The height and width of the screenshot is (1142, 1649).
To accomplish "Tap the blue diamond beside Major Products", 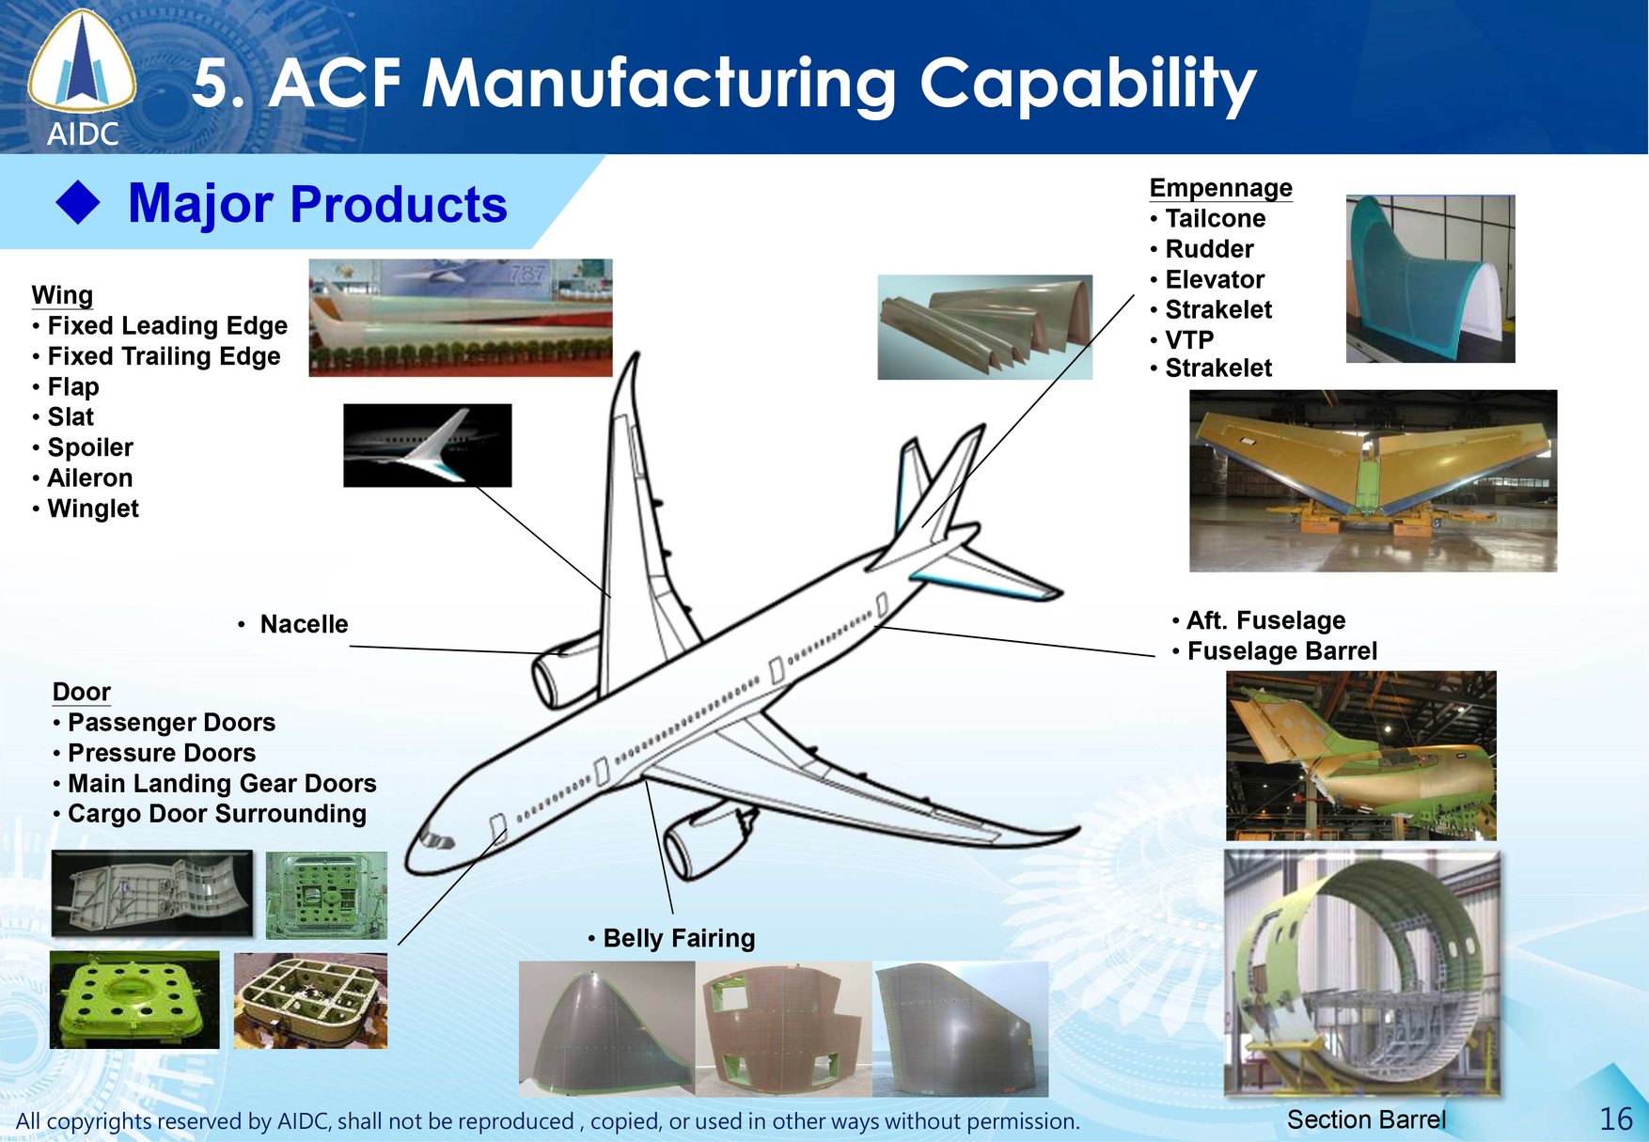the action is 78,203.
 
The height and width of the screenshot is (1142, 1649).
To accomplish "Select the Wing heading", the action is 62,295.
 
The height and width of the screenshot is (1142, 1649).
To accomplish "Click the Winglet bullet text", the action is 93,508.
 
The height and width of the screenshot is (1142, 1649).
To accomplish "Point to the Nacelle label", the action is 304,624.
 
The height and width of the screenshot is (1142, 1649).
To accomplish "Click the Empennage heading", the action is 1220,188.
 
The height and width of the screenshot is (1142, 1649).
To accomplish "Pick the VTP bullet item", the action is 1189,339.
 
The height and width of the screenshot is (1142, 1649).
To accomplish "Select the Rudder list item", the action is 1209,249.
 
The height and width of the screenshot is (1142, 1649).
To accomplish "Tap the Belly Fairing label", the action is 679,938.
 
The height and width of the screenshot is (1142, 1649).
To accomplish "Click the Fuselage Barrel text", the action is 1281,651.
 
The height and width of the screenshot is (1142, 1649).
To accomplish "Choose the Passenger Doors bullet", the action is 171,723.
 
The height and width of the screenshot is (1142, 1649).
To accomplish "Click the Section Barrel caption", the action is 1366,1119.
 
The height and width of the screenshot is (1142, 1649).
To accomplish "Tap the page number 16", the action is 1616,1119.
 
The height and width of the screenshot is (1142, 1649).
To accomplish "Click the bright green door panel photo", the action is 134,999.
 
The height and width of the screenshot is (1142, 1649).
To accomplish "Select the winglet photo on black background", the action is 428,446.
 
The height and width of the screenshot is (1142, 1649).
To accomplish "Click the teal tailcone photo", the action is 1430,278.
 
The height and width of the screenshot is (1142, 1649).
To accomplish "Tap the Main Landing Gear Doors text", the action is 222,784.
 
